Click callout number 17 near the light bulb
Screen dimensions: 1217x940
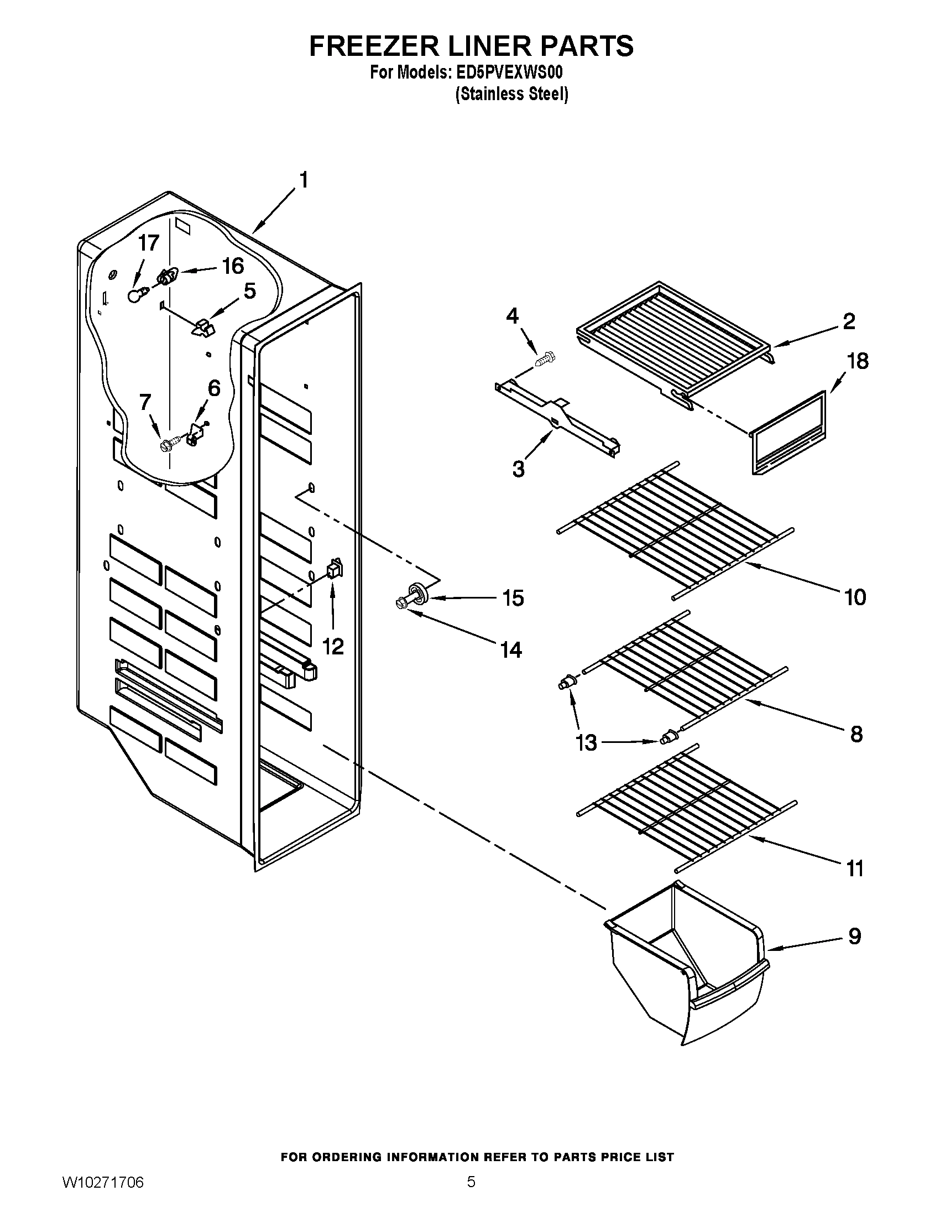point(148,243)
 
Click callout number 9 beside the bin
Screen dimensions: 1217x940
point(854,936)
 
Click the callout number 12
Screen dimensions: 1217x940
point(333,646)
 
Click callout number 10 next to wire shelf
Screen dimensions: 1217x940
point(855,597)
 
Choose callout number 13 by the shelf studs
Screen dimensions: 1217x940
point(586,742)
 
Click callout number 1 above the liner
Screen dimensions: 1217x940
point(304,180)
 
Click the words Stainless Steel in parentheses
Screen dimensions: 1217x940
point(512,94)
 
